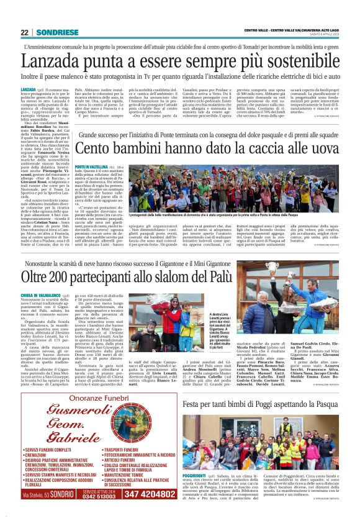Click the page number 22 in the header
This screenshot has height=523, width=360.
(24, 32)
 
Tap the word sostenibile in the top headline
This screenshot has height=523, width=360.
(298, 61)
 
